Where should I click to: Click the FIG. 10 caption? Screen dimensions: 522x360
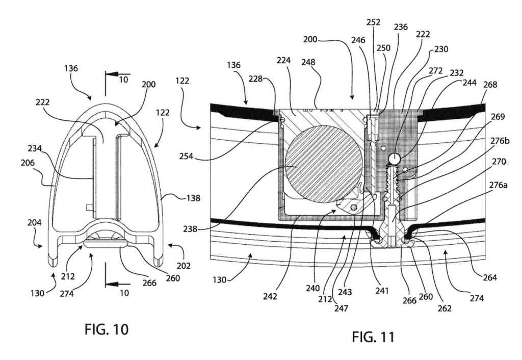(x=106, y=329)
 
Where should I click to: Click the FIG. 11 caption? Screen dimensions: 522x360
(x=373, y=337)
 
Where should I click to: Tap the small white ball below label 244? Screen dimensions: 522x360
(x=394, y=159)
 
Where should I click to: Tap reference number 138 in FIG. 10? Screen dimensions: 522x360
(x=193, y=198)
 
